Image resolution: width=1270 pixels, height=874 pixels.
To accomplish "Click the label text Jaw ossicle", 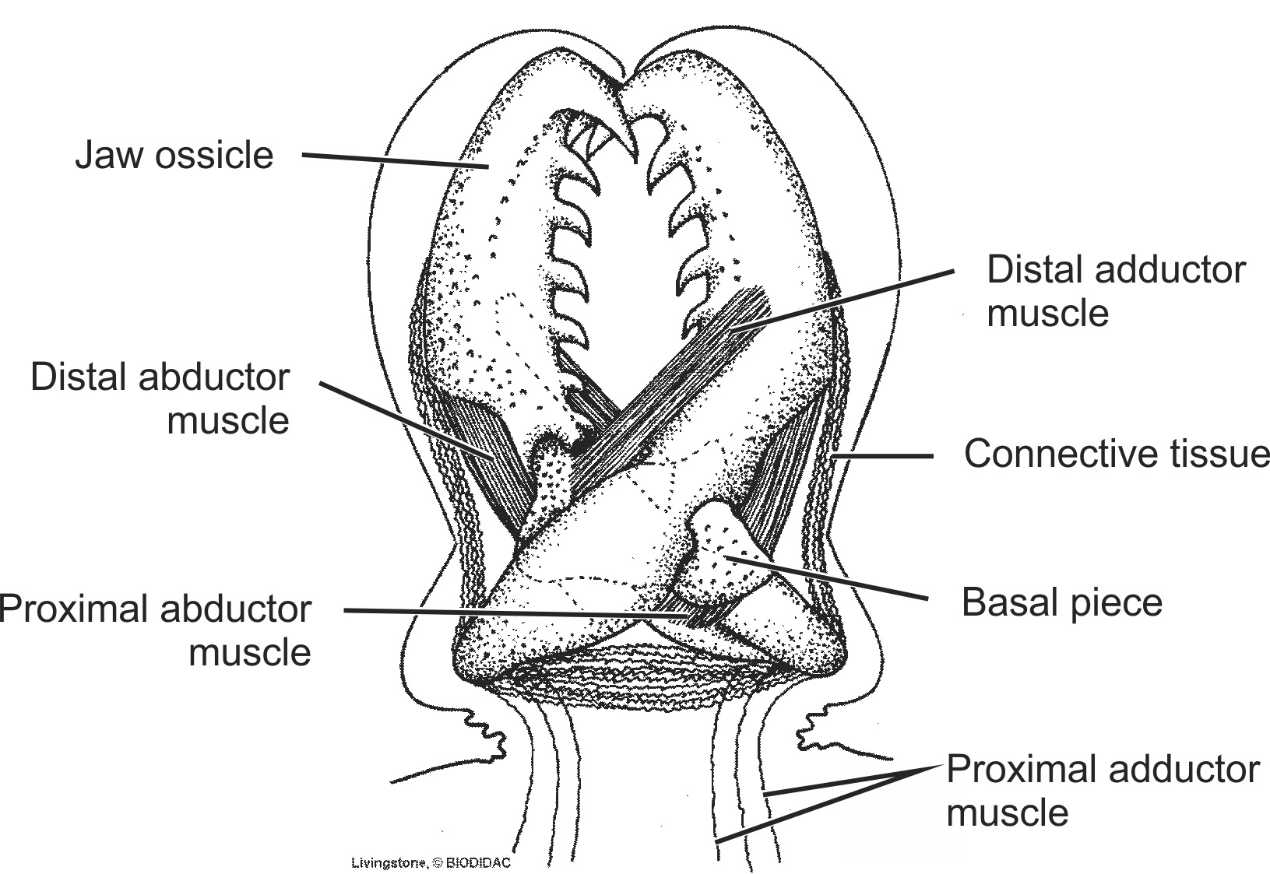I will point(174,155).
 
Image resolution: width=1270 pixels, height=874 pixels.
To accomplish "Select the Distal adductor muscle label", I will point(1115,291).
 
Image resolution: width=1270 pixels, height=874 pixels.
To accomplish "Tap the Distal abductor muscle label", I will point(160,398).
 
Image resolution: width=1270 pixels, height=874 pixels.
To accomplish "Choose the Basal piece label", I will point(1061,602).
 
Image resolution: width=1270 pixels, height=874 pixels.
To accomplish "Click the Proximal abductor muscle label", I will point(156,630).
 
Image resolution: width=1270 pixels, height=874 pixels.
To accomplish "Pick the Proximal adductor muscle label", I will point(1102,791).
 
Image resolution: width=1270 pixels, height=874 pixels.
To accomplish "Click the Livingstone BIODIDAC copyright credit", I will point(431,862).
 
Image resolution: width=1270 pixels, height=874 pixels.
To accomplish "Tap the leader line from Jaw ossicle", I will point(393,160).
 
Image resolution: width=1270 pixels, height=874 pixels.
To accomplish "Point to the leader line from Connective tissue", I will point(884,456).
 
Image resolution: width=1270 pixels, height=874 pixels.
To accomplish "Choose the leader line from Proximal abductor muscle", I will point(514,614).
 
